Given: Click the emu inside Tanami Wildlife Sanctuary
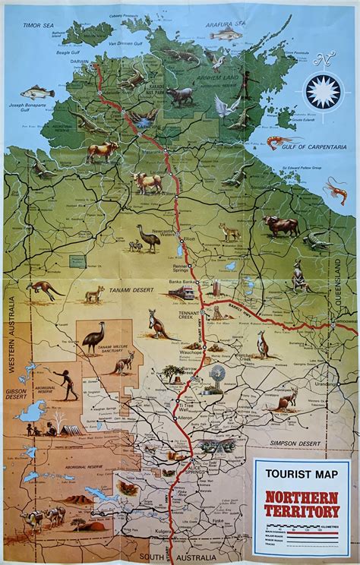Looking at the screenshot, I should (x=93, y=336).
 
